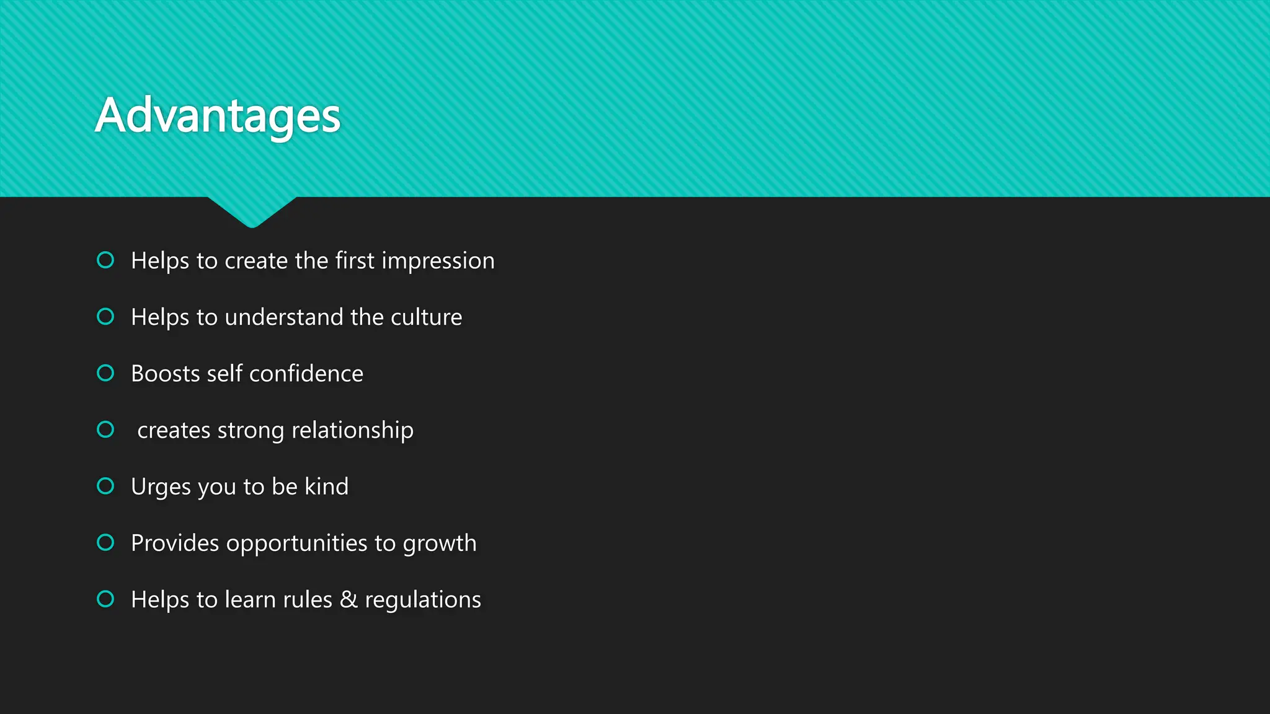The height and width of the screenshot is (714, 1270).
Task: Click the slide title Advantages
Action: tap(218, 116)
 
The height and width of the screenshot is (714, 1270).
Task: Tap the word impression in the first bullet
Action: tap(438, 261)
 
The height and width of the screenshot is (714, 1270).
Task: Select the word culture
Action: tap(426, 317)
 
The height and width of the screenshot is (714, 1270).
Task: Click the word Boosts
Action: tap(166, 374)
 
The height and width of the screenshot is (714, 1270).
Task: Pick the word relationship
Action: tap(352, 431)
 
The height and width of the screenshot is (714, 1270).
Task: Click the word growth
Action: tap(440, 544)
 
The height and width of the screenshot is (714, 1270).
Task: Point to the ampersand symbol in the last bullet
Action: tap(349, 600)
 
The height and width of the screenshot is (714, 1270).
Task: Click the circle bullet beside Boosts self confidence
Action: tap(105, 373)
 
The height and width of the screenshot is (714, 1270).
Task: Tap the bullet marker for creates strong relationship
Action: tap(105, 430)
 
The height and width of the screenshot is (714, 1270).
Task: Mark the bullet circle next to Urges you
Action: tap(105, 486)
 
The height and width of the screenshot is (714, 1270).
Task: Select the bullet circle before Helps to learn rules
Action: tap(105, 599)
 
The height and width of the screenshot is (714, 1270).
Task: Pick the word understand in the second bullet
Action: tap(284, 317)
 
